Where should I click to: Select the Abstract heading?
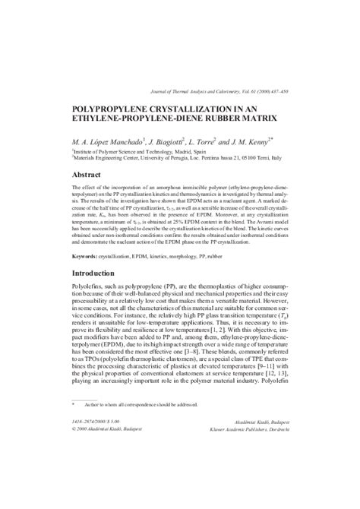pos(89,174)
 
